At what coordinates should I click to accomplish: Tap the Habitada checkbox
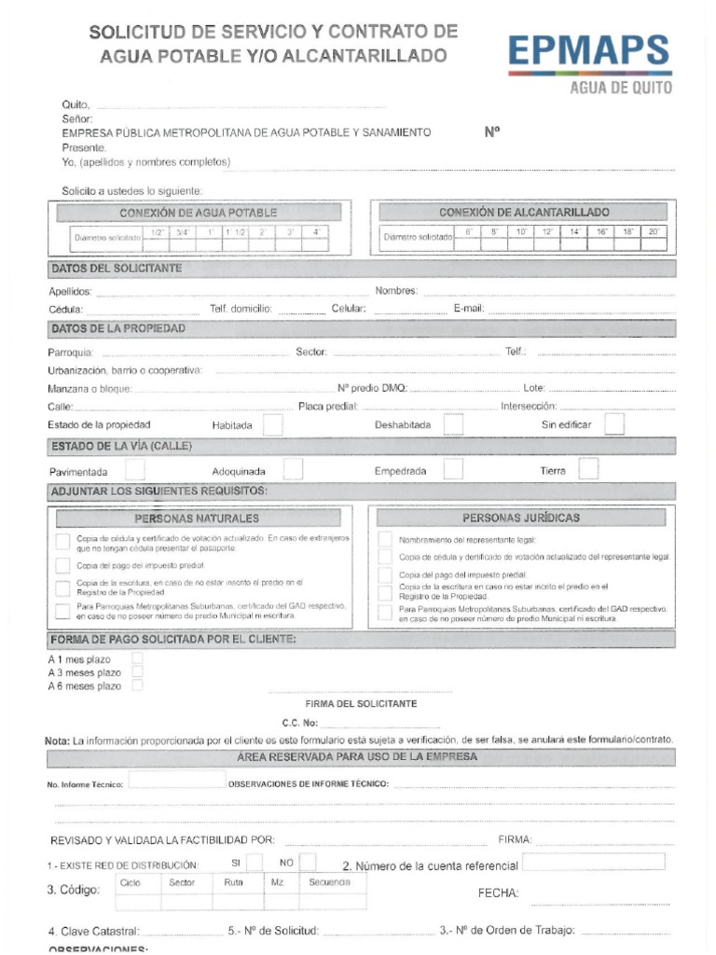tap(273, 424)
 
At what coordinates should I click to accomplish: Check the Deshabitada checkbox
tap(453, 424)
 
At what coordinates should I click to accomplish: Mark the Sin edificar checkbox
tap(614, 424)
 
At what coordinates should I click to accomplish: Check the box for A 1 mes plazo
tap(138, 658)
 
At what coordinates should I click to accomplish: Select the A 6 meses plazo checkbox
tap(138, 685)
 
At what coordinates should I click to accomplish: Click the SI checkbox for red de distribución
tap(254, 863)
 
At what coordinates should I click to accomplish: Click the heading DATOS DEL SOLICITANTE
tap(116, 270)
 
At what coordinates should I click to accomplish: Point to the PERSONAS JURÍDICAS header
tap(521, 518)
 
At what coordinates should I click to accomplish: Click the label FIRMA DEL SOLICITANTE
tap(361, 703)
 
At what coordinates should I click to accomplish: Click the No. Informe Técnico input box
tap(177, 782)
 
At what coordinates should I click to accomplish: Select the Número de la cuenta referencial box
tap(594, 863)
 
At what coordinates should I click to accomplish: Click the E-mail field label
tap(468, 309)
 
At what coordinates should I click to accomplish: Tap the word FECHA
tap(498, 893)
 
